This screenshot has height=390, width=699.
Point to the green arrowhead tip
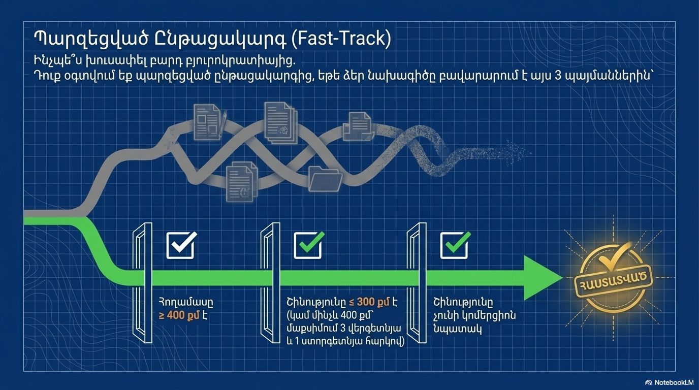point(563,278)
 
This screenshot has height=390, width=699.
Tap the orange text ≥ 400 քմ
point(179,315)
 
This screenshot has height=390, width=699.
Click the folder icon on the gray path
point(325,179)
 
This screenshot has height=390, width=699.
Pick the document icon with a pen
point(210,122)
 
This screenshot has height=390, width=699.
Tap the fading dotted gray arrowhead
point(520,153)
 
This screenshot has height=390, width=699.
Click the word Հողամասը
point(186,302)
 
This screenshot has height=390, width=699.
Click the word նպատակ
point(457,329)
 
